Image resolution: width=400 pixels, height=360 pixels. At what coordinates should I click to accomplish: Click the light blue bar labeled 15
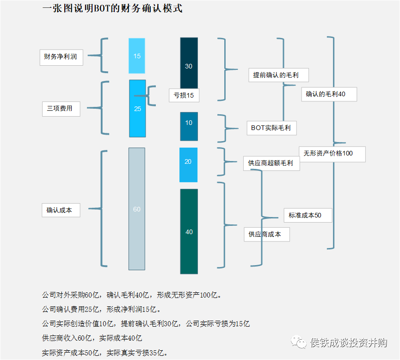click(137, 56)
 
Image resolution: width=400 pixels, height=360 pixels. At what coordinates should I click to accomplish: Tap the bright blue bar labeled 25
click(137, 109)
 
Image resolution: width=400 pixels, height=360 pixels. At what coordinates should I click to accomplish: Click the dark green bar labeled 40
click(189, 231)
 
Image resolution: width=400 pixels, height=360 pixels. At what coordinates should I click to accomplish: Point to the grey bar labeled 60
click(137, 209)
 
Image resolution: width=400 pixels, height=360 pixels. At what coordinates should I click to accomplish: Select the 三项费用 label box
click(61, 109)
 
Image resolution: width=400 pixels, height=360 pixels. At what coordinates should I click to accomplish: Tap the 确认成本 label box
click(60, 210)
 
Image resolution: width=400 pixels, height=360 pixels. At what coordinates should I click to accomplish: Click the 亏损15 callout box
click(184, 96)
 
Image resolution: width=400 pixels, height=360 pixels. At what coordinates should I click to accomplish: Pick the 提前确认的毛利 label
click(278, 74)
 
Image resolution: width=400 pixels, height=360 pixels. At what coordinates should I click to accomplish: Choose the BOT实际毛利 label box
click(271, 128)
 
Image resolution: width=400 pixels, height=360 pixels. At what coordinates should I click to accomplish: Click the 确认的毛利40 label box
click(328, 94)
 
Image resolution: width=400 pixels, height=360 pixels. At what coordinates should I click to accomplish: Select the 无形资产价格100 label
click(332, 154)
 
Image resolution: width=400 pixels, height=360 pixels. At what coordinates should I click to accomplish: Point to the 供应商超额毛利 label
click(271, 163)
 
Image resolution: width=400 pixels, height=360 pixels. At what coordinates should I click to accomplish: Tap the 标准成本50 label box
click(308, 215)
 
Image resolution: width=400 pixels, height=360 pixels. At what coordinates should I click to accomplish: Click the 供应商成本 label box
click(267, 234)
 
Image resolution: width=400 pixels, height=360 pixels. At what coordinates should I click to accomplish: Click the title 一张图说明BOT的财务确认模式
click(112, 8)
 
